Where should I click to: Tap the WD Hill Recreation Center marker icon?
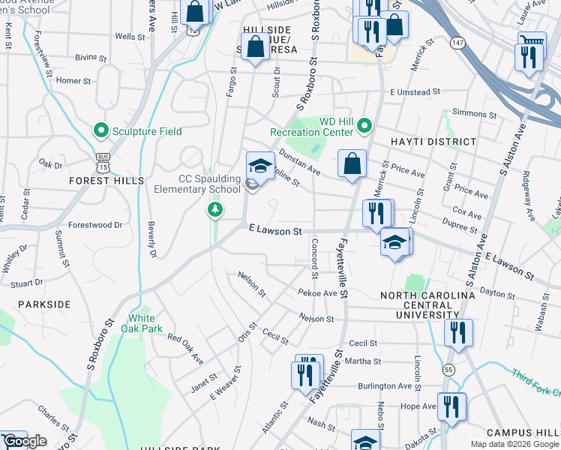pyautogui.click(x=364, y=125)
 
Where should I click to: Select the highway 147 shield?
pyautogui.click(x=456, y=43)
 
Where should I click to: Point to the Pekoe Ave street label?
pyautogui.click(x=317, y=293)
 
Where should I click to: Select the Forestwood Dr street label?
pyautogui.click(x=94, y=224)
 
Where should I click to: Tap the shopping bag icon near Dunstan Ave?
pyautogui.click(x=351, y=163)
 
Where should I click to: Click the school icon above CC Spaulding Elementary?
pyautogui.click(x=260, y=165)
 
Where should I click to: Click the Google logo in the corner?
pyautogui.click(x=25, y=441)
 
